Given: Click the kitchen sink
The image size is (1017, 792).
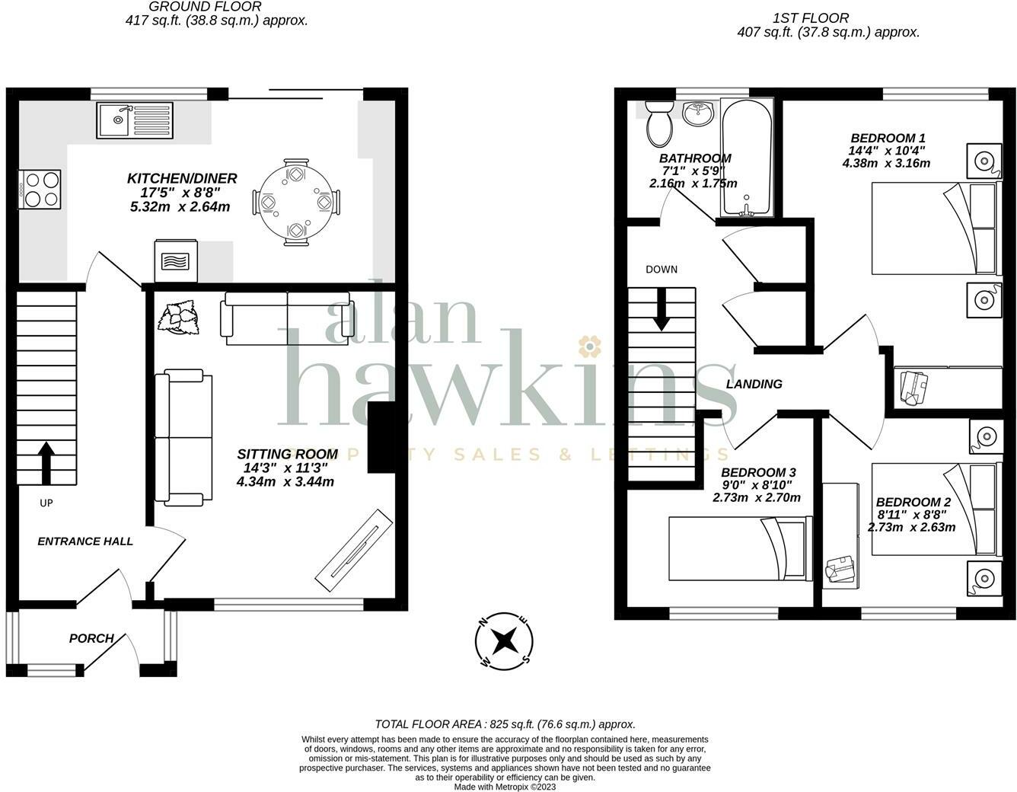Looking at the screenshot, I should click(134, 120).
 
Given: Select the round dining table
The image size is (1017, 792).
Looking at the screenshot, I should click(296, 203).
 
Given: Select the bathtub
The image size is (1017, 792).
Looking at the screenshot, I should click(747, 158).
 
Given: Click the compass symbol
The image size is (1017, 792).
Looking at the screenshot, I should click(503, 641).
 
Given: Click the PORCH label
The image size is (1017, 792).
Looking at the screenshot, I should click(91, 638).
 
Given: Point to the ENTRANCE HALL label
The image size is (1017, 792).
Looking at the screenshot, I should click(85, 541).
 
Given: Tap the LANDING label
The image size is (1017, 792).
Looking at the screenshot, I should click(754, 384).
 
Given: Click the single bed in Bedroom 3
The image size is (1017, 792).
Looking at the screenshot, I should click(739, 548).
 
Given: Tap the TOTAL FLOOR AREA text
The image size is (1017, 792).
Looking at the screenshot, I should click(505, 724).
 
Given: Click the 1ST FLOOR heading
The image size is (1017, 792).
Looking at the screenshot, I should click(810, 18).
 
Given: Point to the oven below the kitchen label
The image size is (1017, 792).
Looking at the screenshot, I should click(176, 260).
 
